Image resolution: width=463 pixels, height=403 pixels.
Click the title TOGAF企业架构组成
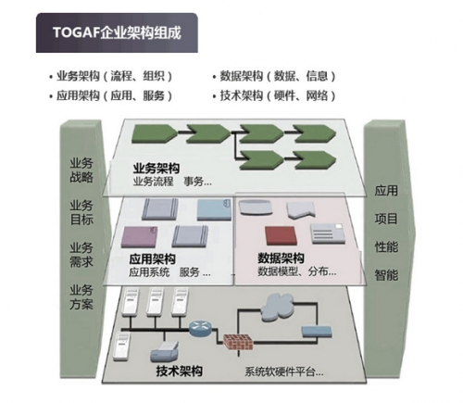(x=117, y=32)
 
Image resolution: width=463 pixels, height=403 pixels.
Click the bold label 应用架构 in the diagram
(x=153, y=259)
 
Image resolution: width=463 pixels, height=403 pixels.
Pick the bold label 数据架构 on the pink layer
(x=281, y=258)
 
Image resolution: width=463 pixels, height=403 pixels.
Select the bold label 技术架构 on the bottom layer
(x=180, y=371)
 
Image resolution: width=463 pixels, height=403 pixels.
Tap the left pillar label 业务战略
(x=81, y=170)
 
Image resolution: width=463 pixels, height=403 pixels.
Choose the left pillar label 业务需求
(x=81, y=255)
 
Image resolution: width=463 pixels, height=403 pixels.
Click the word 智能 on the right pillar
(x=386, y=274)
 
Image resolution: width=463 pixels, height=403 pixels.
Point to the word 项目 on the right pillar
(x=386, y=219)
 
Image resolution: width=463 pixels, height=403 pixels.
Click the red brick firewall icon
(x=238, y=342)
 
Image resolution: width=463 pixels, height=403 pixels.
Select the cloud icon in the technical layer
(x=277, y=308)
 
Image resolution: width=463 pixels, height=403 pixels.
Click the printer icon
(x=165, y=352)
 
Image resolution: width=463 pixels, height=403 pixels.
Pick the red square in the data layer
(x=282, y=235)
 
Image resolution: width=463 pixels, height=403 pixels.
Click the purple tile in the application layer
(x=140, y=237)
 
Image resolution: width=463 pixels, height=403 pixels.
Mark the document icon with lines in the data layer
(x=328, y=233)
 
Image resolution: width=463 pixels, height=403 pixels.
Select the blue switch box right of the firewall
(x=318, y=332)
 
